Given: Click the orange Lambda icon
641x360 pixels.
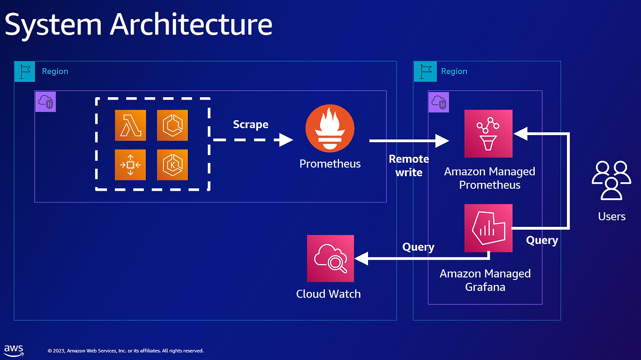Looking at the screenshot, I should pos(130,125).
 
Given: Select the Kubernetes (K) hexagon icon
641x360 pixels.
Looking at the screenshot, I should pos(172,165).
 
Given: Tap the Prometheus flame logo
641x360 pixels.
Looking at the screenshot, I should pos(330,128).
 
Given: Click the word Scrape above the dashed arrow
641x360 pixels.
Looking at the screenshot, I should pos(250,124).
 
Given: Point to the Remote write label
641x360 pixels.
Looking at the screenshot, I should pos(409,166).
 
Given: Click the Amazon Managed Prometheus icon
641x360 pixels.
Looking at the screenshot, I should pos(488,134).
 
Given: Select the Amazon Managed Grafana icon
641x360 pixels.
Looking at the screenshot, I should pos(488,228).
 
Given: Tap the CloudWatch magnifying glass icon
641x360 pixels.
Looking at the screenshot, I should pos(331,258).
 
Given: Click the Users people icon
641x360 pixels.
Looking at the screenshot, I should pos(611,180).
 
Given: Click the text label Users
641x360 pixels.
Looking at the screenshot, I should pos(611,216).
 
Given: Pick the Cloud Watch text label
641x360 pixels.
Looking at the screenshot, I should pos(329,294).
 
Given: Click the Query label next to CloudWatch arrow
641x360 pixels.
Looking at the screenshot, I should pos(418,247).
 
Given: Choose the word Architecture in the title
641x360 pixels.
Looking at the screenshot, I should pos(191,25).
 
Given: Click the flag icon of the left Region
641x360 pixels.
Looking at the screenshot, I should pos(25,72).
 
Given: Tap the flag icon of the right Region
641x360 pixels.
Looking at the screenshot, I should pos(425,72).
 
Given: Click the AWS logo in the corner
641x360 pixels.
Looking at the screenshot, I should pos(14,349).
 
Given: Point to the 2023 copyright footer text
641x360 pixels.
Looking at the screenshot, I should pos(125,351).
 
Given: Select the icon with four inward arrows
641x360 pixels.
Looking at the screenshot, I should pos(130,165).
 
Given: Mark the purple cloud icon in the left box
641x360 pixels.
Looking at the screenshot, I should pos(46,102).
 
